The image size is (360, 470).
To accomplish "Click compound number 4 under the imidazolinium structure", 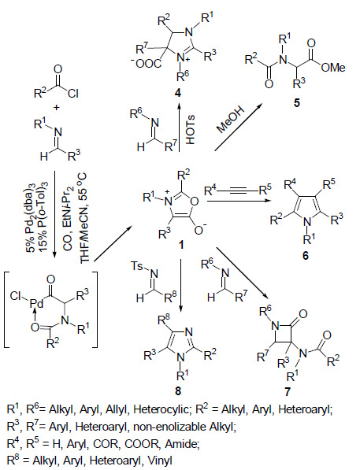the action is (178, 94).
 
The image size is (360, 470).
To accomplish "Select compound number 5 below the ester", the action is (297, 103).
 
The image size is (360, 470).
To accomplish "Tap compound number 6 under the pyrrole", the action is (306, 256).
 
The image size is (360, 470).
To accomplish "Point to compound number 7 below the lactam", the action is (288, 391).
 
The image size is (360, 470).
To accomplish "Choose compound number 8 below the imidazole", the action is (178, 390).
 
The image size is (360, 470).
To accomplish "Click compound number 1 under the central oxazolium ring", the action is (181, 245).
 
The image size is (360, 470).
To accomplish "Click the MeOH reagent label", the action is (231, 119).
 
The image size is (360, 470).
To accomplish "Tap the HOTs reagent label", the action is (190, 129).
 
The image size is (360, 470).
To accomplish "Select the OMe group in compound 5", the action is (333, 68).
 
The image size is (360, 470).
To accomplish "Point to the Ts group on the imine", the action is (137, 266).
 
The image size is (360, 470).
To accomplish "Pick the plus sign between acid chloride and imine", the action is (56, 108).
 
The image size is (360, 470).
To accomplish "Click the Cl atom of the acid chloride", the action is (73, 94).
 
